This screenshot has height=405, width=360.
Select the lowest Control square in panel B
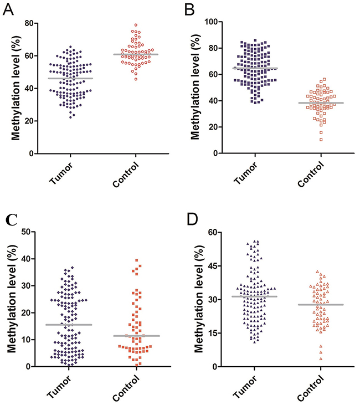coord(305,139)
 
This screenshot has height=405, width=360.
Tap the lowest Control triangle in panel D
coord(305,358)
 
